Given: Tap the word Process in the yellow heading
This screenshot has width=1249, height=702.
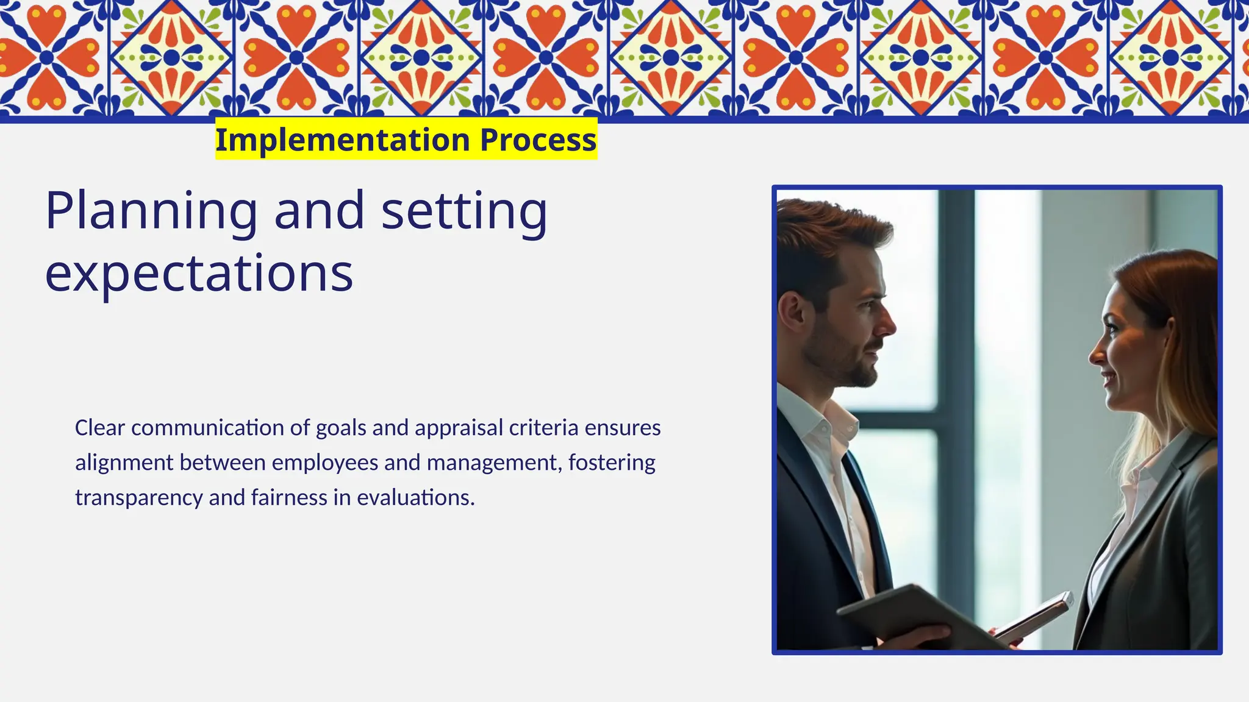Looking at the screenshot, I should (x=538, y=140).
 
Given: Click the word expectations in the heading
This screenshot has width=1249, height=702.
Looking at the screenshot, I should (x=199, y=273).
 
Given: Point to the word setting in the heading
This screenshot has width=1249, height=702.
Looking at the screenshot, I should (x=464, y=211).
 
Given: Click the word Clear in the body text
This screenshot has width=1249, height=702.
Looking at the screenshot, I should (x=100, y=428).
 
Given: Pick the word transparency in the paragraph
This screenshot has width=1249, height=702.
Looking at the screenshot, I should (x=139, y=498).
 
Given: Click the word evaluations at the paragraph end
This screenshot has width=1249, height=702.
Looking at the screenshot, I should (x=415, y=498).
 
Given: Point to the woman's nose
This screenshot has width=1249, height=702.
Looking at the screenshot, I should (x=1095, y=353).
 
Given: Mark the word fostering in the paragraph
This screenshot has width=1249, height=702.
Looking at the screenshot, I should (x=612, y=463).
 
